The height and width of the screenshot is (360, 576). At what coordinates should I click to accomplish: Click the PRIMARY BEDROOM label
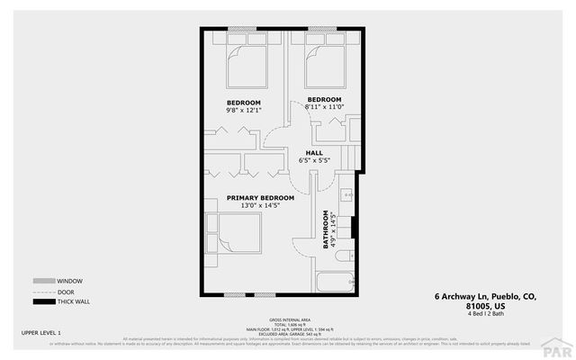point(260,197)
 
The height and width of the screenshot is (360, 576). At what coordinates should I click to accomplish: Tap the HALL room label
point(314,153)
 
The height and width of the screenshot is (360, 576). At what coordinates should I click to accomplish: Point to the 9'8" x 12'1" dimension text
point(244,111)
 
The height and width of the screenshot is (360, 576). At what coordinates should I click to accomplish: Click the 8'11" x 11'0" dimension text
point(324,107)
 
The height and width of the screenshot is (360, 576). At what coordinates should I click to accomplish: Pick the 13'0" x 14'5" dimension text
point(260,206)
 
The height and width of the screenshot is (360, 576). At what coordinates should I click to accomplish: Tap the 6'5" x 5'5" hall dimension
point(314,161)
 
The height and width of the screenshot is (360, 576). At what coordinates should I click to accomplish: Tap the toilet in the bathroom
point(345,256)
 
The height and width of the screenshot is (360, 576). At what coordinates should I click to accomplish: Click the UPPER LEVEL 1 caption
point(40,333)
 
